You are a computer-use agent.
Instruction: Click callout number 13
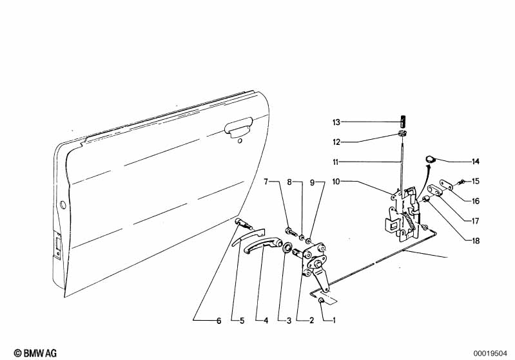click(x=336, y=122)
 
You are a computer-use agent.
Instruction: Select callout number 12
click(x=336, y=142)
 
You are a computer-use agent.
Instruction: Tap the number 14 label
click(x=476, y=162)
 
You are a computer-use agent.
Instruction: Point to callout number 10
click(x=336, y=182)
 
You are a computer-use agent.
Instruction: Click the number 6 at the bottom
click(x=219, y=321)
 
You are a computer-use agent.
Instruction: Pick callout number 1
click(x=334, y=320)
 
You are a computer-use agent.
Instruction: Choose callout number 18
click(x=476, y=241)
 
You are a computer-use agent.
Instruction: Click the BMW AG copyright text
click(x=35, y=353)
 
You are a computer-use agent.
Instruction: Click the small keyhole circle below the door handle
click(x=240, y=141)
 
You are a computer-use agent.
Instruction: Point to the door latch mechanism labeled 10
click(x=404, y=213)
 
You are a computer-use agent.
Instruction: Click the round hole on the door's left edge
click(x=63, y=205)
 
